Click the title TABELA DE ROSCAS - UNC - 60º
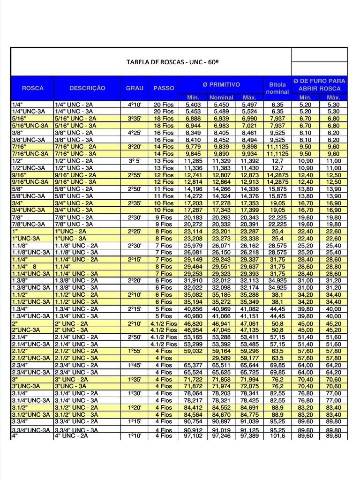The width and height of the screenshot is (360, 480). [x=173, y=62]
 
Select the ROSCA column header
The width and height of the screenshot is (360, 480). [x=33, y=88]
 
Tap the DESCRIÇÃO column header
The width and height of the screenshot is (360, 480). [x=88, y=88]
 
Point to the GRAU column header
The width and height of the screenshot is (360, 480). [x=135, y=88]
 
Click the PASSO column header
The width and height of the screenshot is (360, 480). [x=164, y=88]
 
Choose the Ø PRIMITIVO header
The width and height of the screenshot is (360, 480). [x=221, y=84]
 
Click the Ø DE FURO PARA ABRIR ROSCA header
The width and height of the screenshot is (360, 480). [x=319, y=84]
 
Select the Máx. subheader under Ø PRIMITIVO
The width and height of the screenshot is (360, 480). [x=249, y=97]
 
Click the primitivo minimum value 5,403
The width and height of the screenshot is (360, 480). [x=193, y=105]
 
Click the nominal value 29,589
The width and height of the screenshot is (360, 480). [x=221, y=358]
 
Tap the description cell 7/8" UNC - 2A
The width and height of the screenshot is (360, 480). [x=74, y=217]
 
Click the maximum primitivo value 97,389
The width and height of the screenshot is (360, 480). [x=249, y=436]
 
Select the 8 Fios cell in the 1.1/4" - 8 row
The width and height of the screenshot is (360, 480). [x=164, y=267]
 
